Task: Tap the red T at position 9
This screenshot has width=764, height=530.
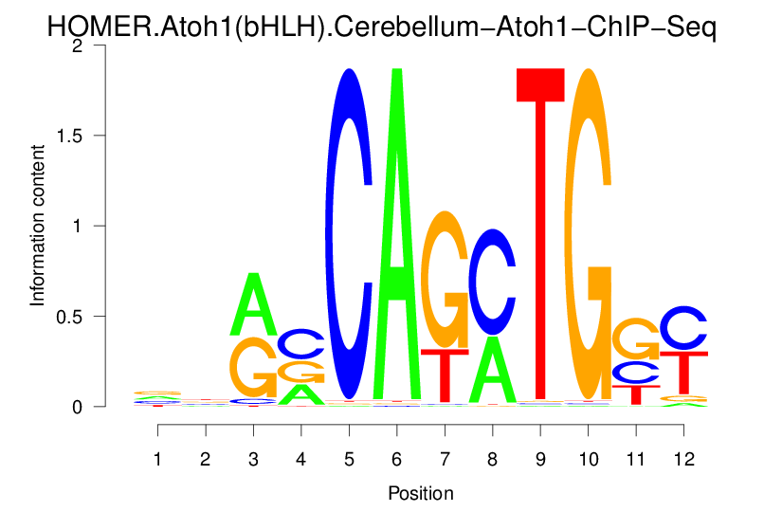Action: tap(540, 237)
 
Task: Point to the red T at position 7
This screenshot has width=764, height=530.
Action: tap(445, 375)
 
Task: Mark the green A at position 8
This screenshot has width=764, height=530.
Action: tap(492, 370)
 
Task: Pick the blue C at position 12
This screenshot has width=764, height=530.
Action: tap(683, 329)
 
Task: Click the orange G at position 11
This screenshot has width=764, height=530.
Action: tap(636, 338)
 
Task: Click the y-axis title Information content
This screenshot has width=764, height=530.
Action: tap(38, 226)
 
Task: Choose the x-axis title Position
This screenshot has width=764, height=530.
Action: tap(420, 493)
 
